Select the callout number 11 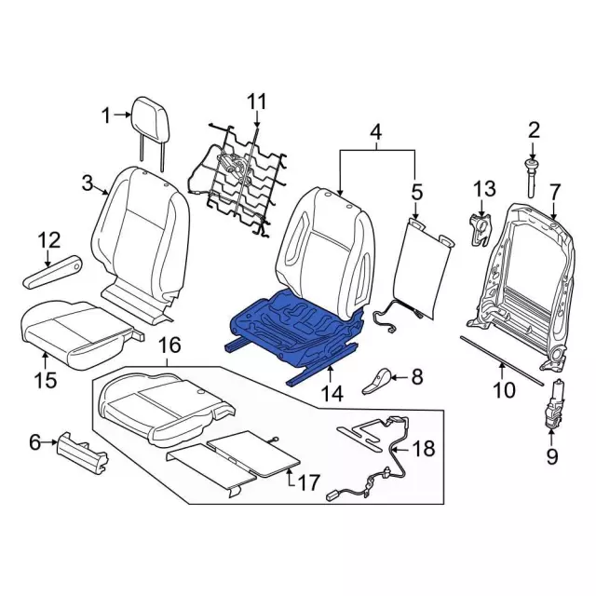[257, 102]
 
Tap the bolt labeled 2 [532, 178]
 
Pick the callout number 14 [332, 393]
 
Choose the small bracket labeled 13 [480, 229]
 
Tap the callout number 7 [555, 193]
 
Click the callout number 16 [169, 345]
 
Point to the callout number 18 [424, 448]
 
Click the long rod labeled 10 [503, 359]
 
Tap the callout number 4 [376, 132]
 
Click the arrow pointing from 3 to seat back [102, 189]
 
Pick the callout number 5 [417, 192]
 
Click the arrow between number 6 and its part [49, 442]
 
